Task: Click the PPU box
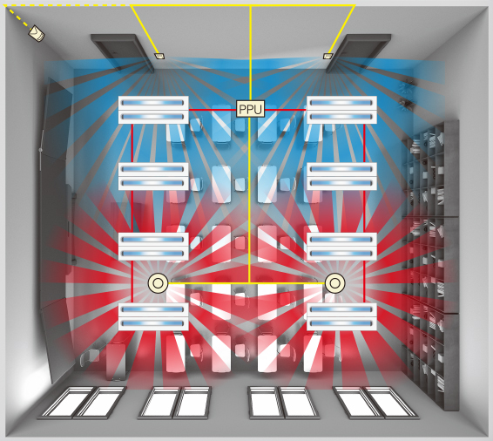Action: click(x=250, y=109)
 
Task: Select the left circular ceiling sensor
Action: click(x=158, y=283)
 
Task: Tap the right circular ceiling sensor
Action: click(x=334, y=283)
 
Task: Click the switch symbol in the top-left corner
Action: click(x=37, y=33)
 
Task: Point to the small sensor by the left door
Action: click(x=159, y=56)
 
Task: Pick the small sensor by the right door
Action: click(x=328, y=56)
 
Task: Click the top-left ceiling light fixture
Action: click(x=153, y=110)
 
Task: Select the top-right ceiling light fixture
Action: click(x=341, y=110)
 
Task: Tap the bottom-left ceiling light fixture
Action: click(x=153, y=316)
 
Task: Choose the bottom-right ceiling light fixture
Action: click(x=341, y=316)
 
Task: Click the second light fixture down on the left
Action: click(x=153, y=176)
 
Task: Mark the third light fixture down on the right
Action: click(x=341, y=247)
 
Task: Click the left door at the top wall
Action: click(x=123, y=52)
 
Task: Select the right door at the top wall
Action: click(x=359, y=52)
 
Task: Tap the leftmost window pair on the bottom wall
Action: click(x=82, y=403)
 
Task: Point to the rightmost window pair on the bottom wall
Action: click(x=375, y=403)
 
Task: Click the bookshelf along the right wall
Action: click(x=431, y=265)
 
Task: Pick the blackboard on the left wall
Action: click(x=57, y=229)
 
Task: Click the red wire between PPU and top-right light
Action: click(x=286, y=110)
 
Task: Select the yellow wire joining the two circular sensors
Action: click(x=246, y=283)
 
